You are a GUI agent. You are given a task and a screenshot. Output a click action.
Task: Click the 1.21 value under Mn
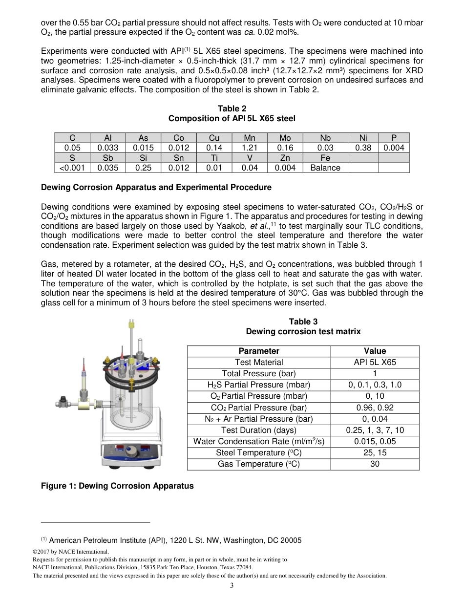tap(249, 148)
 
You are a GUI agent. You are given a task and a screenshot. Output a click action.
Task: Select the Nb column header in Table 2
tap(325, 138)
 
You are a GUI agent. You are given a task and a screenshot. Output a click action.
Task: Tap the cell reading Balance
tap(325, 168)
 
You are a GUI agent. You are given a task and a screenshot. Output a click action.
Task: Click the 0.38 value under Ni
tap(363, 148)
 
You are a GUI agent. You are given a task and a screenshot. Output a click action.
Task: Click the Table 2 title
tap(232, 108)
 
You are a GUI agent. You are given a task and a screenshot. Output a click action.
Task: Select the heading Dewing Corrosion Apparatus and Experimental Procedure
tap(156, 187)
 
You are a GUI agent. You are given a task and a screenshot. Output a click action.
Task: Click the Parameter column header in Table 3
tap(259, 351)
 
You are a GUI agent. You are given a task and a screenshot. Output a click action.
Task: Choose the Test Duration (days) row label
tap(259, 430)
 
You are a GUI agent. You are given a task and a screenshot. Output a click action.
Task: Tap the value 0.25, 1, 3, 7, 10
tap(375, 430)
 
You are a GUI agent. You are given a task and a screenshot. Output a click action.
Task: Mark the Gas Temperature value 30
tap(375, 464)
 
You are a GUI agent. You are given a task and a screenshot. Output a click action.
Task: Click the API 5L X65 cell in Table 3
tap(375, 362)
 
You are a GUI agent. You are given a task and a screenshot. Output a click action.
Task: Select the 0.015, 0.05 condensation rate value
tap(375, 441)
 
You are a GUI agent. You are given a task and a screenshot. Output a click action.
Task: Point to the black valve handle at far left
tap(61, 403)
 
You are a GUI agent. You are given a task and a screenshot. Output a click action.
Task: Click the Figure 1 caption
tap(117, 486)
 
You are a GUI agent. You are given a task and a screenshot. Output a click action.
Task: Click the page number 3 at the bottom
tap(232, 586)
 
